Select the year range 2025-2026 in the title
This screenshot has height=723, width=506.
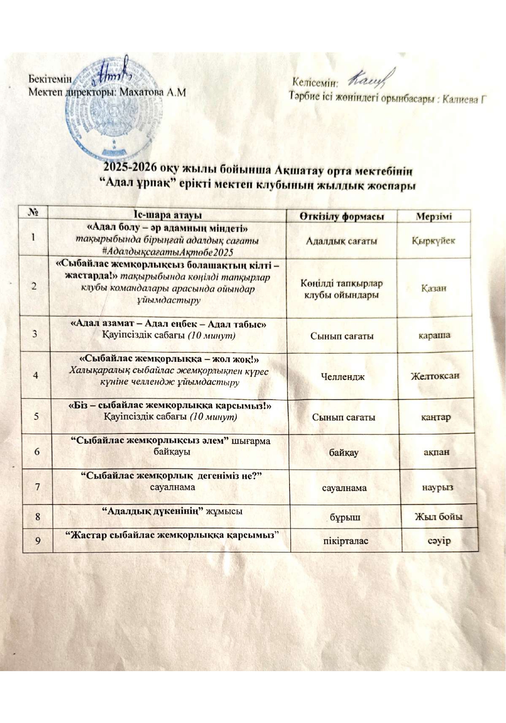(x=130, y=168)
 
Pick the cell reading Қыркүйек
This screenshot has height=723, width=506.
(x=433, y=241)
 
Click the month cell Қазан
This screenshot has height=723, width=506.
(x=433, y=288)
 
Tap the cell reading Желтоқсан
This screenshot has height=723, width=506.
(x=436, y=375)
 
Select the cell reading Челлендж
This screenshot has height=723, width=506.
(x=342, y=376)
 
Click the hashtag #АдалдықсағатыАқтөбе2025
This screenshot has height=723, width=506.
(x=168, y=252)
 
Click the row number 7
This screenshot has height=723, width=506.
(x=38, y=487)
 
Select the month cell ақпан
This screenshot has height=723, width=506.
(x=436, y=452)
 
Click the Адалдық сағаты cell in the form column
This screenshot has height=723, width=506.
(x=341, y=241)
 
